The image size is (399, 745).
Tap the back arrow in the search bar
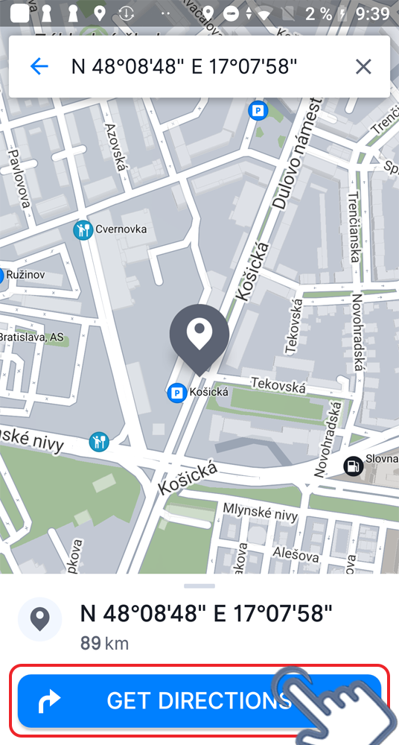39,66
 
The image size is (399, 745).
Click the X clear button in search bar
363,67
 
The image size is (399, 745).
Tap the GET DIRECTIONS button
199,700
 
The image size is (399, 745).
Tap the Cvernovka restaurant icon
83,230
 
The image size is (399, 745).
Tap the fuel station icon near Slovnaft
353,466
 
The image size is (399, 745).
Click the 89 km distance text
104,643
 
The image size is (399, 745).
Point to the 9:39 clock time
371,13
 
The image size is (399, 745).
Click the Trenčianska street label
356,227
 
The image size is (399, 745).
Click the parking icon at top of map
258,111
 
